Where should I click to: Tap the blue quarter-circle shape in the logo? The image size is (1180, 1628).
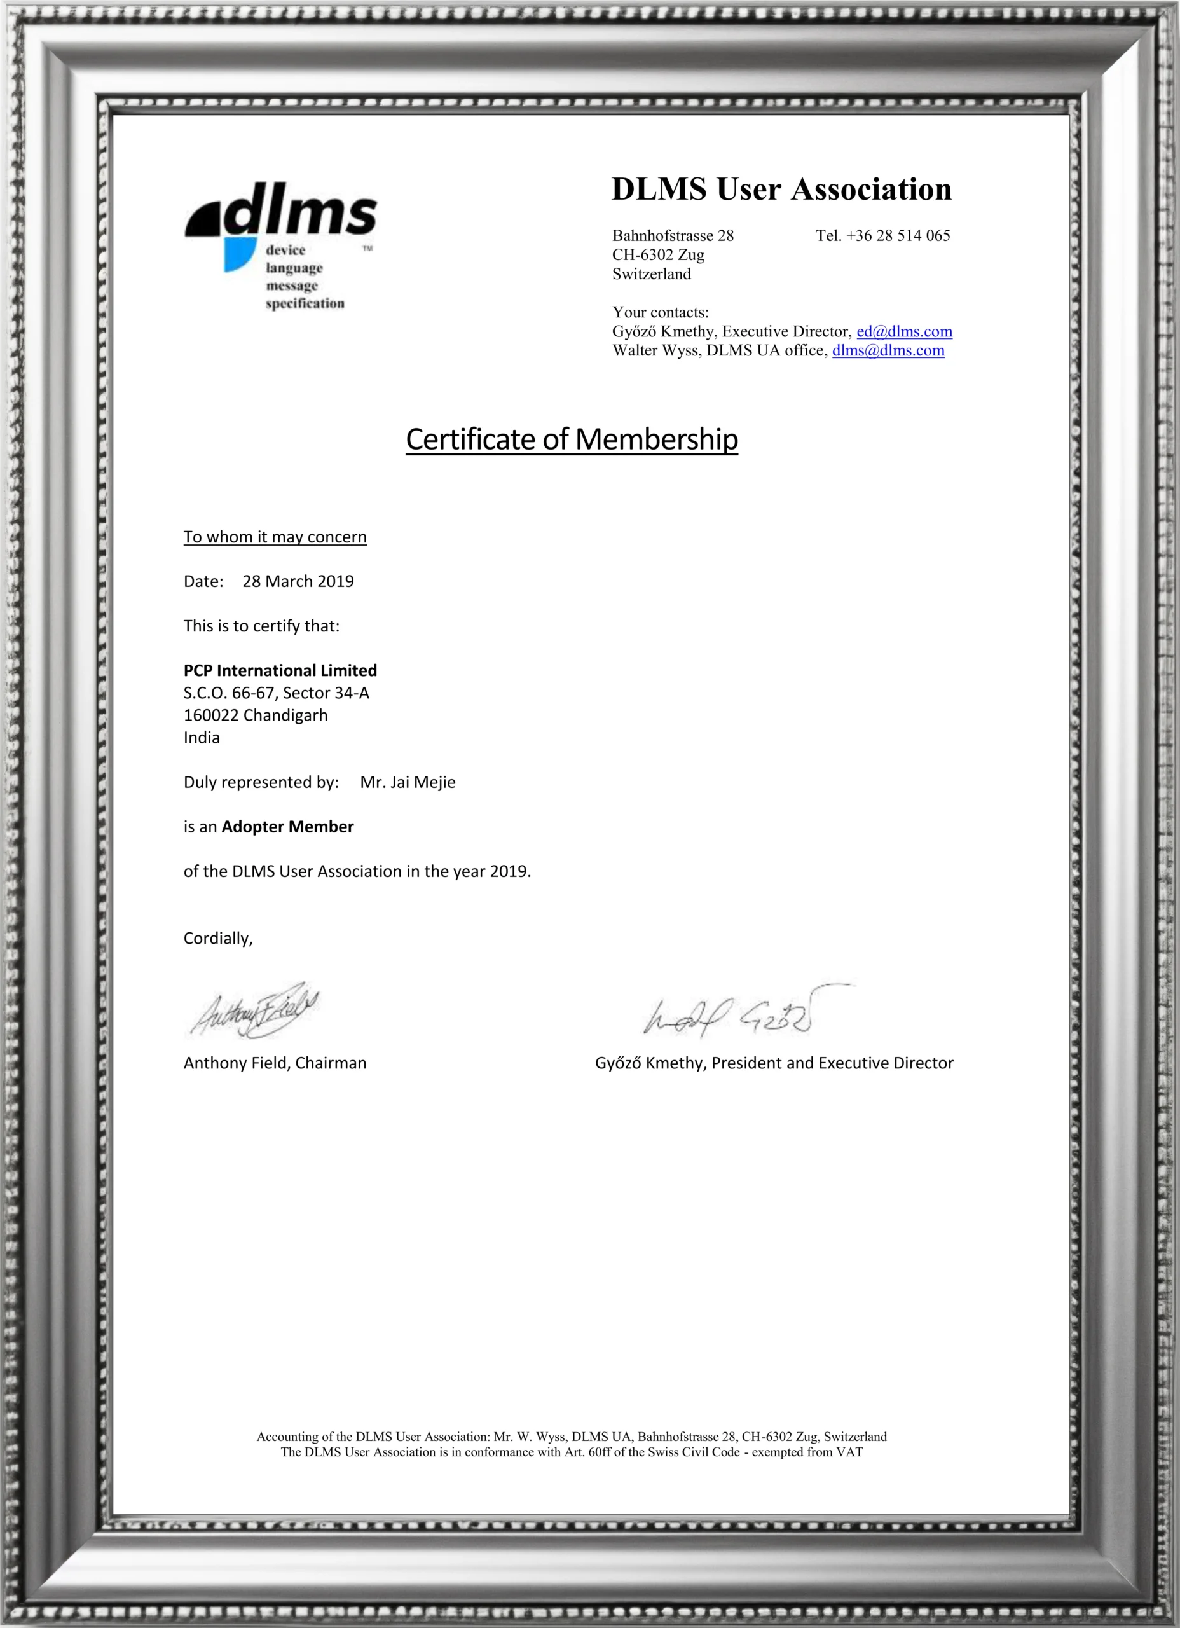[238, 253]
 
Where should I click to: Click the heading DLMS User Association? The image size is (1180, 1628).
[781, 190]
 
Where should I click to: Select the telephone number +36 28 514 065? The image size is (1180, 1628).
[897, 235]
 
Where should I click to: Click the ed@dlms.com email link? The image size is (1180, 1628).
[903, 331]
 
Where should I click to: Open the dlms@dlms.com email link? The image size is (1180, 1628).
[888, 350]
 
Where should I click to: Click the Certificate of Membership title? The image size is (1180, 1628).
[572, 439]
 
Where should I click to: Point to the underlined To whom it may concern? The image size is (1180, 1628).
[275, 537]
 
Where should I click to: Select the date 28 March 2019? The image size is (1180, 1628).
[298, 581]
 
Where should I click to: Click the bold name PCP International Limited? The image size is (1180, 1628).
[280, 670]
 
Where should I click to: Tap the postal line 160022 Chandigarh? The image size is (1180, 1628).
[256, 715]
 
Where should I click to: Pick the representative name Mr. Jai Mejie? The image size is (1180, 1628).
[408, 782]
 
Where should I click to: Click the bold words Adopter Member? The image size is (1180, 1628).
[287, 827]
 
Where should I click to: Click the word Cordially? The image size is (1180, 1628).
[217, 938]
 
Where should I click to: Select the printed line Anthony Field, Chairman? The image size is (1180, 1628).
[275, 1063]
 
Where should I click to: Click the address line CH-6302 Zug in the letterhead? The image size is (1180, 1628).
[657, 255]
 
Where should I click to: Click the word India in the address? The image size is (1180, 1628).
[202, 738]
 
